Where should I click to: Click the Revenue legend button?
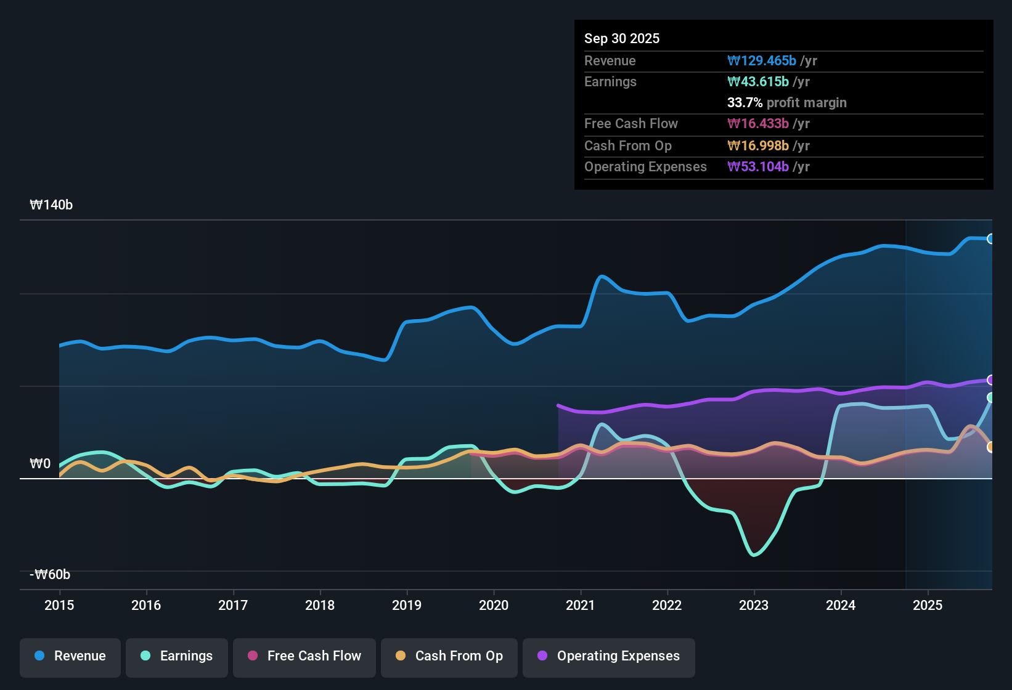(70, 656)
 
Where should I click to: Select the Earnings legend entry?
(176, 656)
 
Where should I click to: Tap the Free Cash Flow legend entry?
(304, 656)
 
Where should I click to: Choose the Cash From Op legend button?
(449, 656)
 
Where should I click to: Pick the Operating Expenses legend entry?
(608, 656)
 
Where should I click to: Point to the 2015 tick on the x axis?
(59, 605)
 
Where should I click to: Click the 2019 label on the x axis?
(407, 605)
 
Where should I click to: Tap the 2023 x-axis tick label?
(754, 605)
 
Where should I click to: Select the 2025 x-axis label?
(928, 605)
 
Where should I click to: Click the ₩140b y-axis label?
(51, 205)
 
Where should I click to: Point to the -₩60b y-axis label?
(50, 575)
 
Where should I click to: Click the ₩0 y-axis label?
(40, 464)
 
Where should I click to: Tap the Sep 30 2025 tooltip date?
(622, 38)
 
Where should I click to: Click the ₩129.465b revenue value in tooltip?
(762, 60)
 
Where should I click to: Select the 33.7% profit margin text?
(786, 102)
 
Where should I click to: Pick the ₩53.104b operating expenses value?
(758, 166)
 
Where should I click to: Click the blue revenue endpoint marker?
(990, 239)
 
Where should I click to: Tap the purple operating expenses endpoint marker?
(990, 380)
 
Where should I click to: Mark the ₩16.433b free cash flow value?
(758, 123)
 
